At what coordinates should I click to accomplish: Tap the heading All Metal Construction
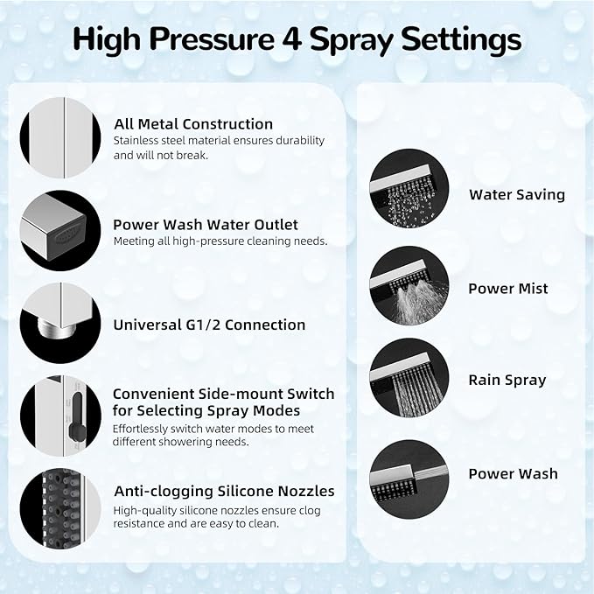192,124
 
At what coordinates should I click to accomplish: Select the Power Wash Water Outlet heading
206,225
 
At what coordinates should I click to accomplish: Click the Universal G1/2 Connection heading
209,325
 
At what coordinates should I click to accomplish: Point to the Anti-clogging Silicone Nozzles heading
224,491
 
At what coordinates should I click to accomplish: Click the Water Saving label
516,195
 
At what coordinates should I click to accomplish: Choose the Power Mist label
507,289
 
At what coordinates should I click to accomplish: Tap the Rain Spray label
507,380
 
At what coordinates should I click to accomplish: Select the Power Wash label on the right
513,473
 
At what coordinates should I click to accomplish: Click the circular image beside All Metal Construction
60,136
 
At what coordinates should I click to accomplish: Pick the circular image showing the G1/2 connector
60,324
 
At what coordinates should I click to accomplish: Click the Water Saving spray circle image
409,189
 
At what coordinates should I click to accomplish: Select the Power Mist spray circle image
409,285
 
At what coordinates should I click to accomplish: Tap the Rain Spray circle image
409,379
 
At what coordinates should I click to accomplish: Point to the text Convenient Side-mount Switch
223,395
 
